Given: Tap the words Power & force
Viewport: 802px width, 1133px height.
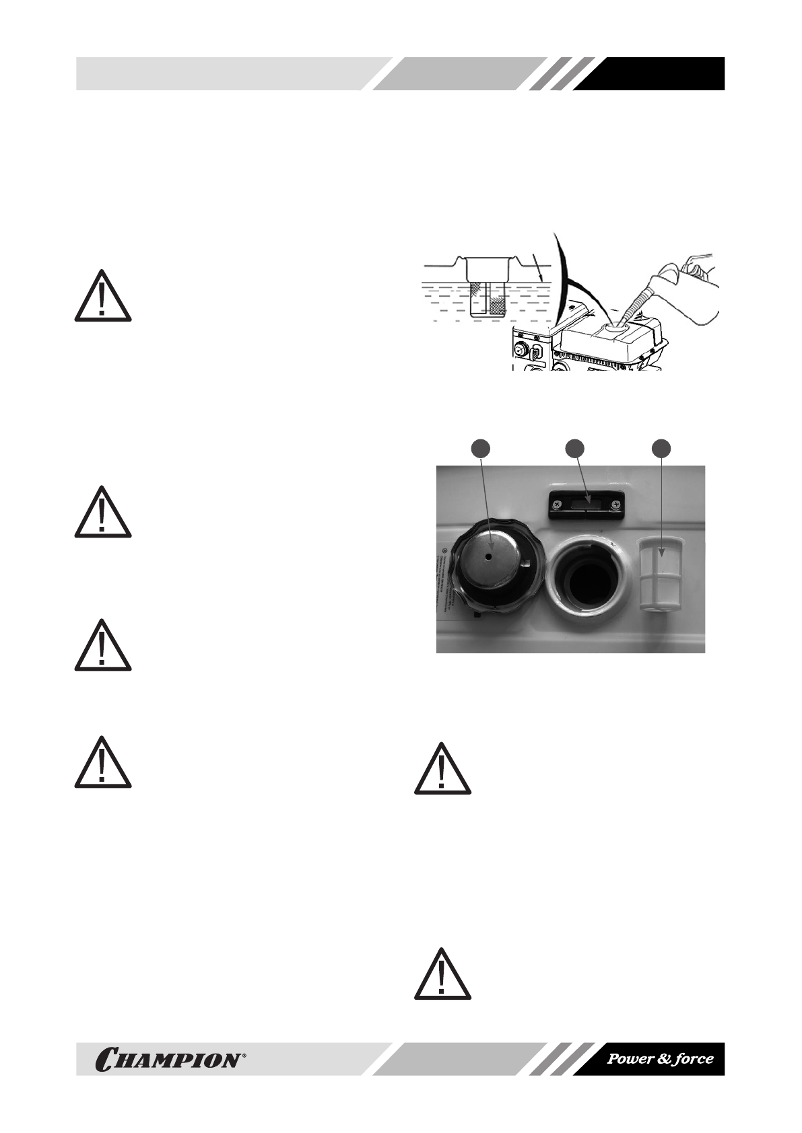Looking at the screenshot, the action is pos(660,1059).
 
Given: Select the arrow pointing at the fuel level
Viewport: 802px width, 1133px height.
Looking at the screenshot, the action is pos(537,269).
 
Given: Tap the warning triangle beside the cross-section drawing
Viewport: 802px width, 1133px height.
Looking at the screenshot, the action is pos(102,296).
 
